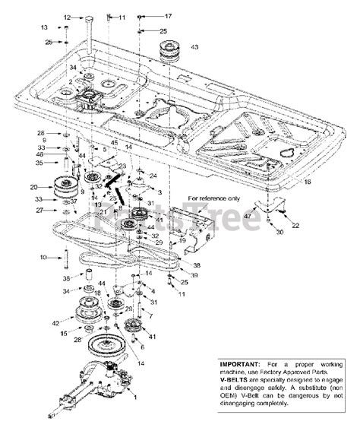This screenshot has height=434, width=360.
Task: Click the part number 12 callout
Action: (66, 16)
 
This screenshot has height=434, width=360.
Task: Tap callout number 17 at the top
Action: (168, 15)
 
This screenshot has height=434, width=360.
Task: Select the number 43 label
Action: (194, 47)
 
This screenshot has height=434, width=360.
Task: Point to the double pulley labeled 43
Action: (169, 55)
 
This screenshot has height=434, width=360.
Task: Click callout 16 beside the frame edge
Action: (307, 182)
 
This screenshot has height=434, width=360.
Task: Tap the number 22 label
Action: (295, 226)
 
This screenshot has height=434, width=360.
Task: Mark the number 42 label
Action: (54, 323)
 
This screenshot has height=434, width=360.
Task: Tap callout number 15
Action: (64, 332)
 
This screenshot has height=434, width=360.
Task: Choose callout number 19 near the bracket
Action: (182, 239)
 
